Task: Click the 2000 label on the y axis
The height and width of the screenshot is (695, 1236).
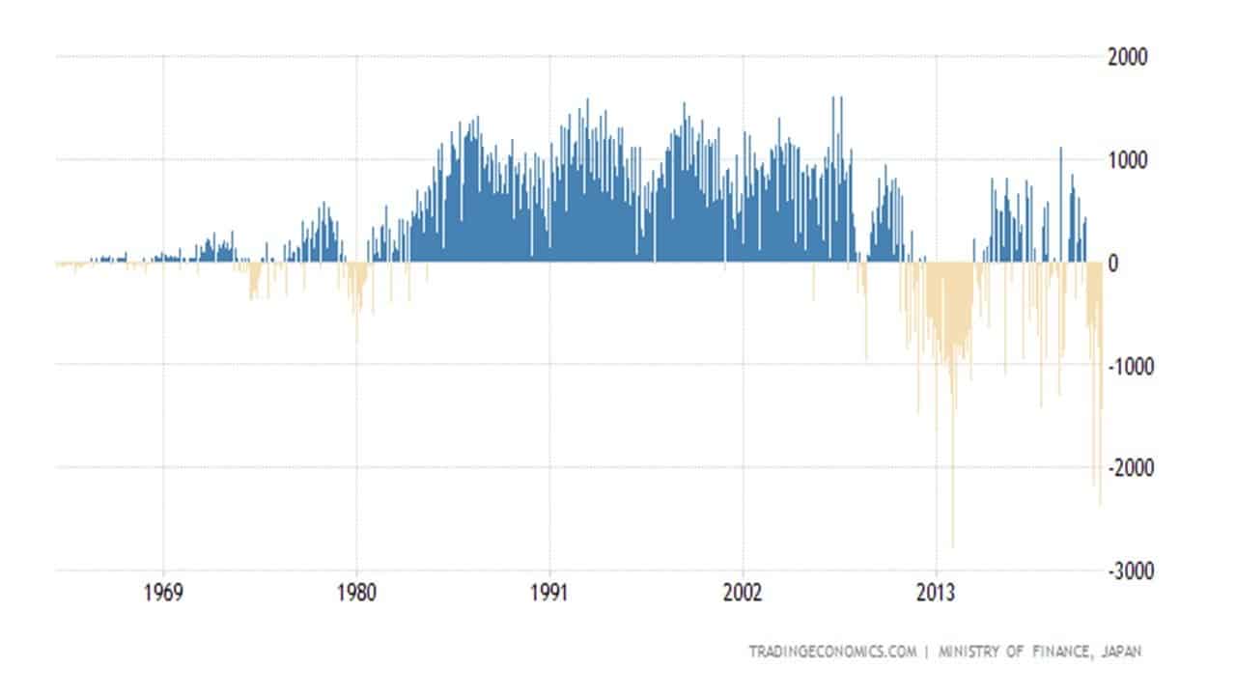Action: [1127, 57]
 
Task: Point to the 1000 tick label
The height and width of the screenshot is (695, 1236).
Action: [1127, 159]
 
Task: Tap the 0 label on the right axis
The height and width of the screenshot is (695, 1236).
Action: [1114, 263]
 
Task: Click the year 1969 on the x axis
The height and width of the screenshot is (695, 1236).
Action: [163, 592]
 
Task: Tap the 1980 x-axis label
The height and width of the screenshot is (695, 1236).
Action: [356, 592]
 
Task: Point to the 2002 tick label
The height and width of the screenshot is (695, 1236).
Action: [743, 592]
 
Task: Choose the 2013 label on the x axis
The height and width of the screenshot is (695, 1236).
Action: [936, 592]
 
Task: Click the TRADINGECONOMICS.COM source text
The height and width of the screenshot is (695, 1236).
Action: [831, 652]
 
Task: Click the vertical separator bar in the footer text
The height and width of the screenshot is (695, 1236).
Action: [926, 652]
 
